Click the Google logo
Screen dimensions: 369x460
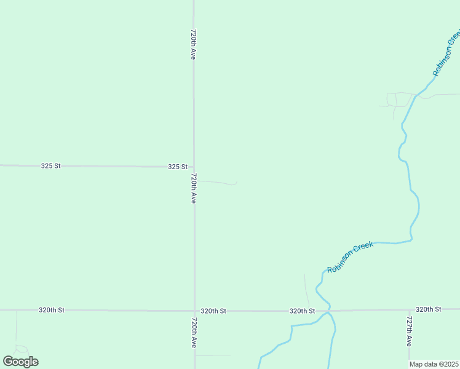tap(20, 362)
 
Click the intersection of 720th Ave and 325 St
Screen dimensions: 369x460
tap(194, 167)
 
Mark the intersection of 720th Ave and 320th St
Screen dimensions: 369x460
tap(194, 311)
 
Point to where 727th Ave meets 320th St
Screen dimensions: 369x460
tap(410, 310)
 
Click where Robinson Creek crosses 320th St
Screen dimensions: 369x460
tap(328, 311)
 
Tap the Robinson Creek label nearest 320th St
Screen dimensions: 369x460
tap(351, 257)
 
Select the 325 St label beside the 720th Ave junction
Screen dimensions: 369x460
tap(177, 167)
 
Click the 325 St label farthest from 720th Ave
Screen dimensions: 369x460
tap(51, 166)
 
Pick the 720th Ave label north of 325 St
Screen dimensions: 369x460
tap(193, 44)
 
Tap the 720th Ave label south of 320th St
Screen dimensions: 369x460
tap(193, 333)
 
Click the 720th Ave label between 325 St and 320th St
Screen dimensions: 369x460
tap(193, 188)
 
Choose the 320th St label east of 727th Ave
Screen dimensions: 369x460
tap(428, 309)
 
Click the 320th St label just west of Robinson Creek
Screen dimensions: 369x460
tap(302, 311)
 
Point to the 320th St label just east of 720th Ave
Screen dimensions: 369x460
tap(213, 311)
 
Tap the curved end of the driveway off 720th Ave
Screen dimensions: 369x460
tap(235, 183)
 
